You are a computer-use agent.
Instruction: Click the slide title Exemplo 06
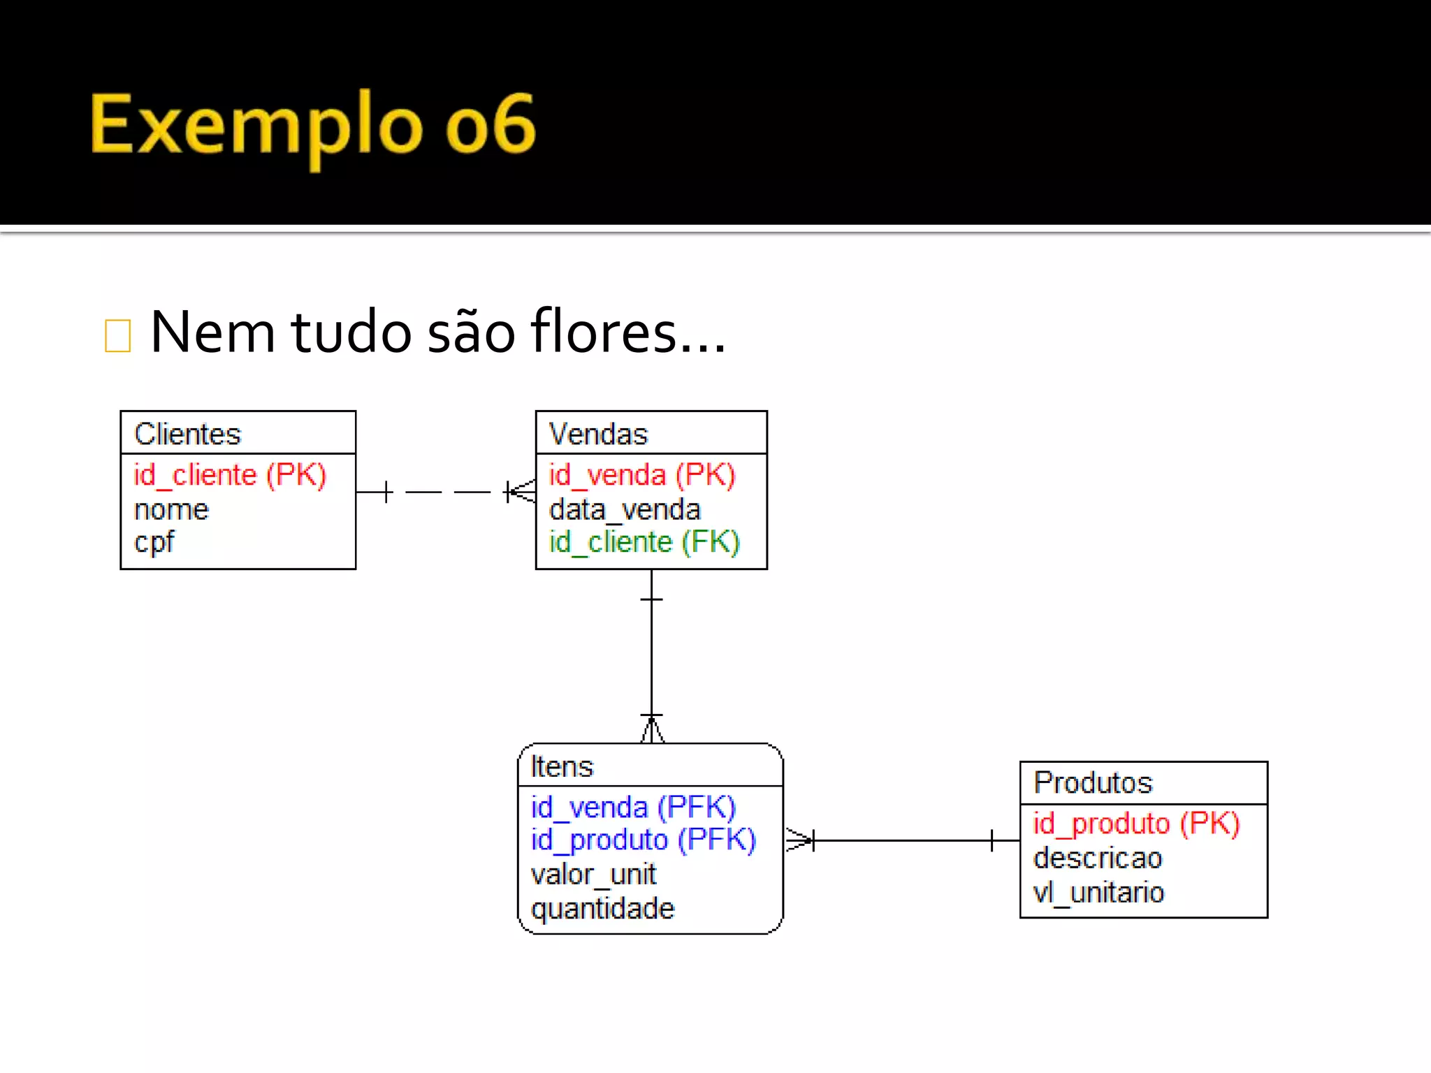click(312, 126)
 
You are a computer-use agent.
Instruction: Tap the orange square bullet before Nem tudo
click(117, 335)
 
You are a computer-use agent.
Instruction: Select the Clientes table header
click(188, 434)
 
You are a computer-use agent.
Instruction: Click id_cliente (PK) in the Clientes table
click(230, 475)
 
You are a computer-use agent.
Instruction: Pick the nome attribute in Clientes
click(171, 509)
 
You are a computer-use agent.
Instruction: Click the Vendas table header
click(598, 434)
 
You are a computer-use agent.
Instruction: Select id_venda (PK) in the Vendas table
click(641, 475)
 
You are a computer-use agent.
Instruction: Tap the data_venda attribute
click(625, 509)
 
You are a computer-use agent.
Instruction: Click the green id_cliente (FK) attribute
click(644, 542)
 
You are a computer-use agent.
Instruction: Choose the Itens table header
click(562, 766)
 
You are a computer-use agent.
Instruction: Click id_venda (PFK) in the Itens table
click(633, 807)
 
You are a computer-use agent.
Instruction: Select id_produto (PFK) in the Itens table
click(643, 840)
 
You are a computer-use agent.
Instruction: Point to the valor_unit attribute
click(593, 874)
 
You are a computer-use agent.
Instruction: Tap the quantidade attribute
click(602, 908)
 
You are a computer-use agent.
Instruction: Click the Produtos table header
click(1093, 782)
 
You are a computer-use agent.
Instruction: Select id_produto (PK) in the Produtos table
click(1136, 824)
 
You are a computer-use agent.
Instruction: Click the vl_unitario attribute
click(1098, 892)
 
